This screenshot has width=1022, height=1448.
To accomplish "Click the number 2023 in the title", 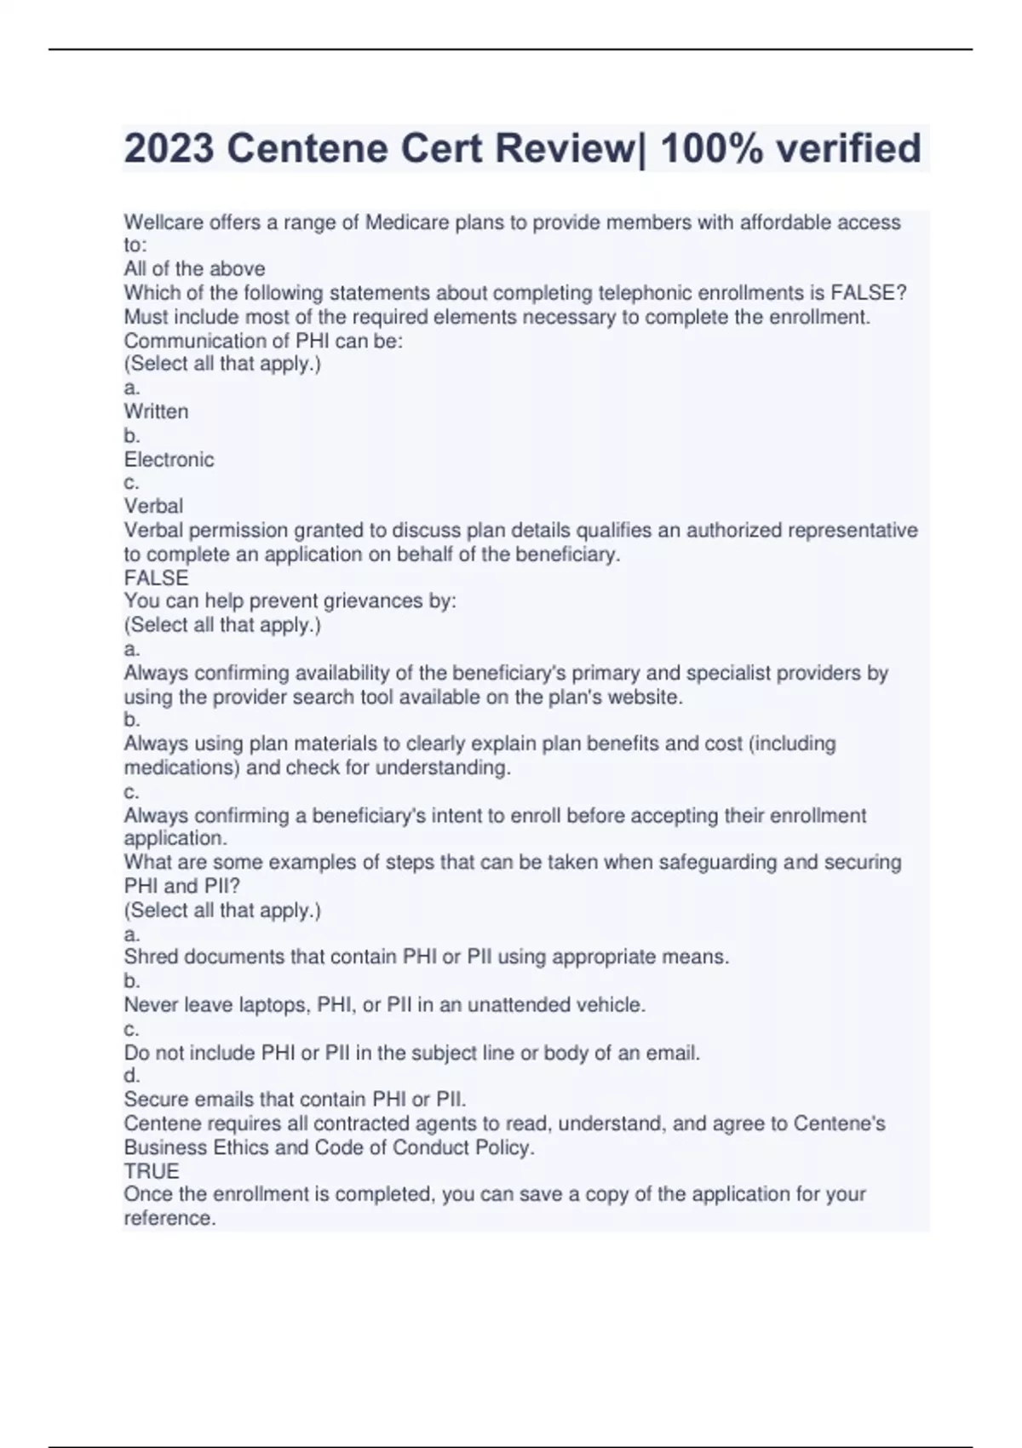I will click(169, 148).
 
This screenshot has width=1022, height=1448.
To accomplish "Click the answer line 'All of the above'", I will click(194, 269).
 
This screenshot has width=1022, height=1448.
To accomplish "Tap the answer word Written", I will click(156, 411).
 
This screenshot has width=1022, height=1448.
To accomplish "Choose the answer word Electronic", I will click(169, 460).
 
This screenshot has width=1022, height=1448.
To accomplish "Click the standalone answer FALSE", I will click(156, 578).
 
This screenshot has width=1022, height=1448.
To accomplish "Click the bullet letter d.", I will click(131, 1076).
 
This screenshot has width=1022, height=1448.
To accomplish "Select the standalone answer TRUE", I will click(151, 1171).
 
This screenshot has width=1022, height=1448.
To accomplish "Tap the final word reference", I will click(168, 1218).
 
